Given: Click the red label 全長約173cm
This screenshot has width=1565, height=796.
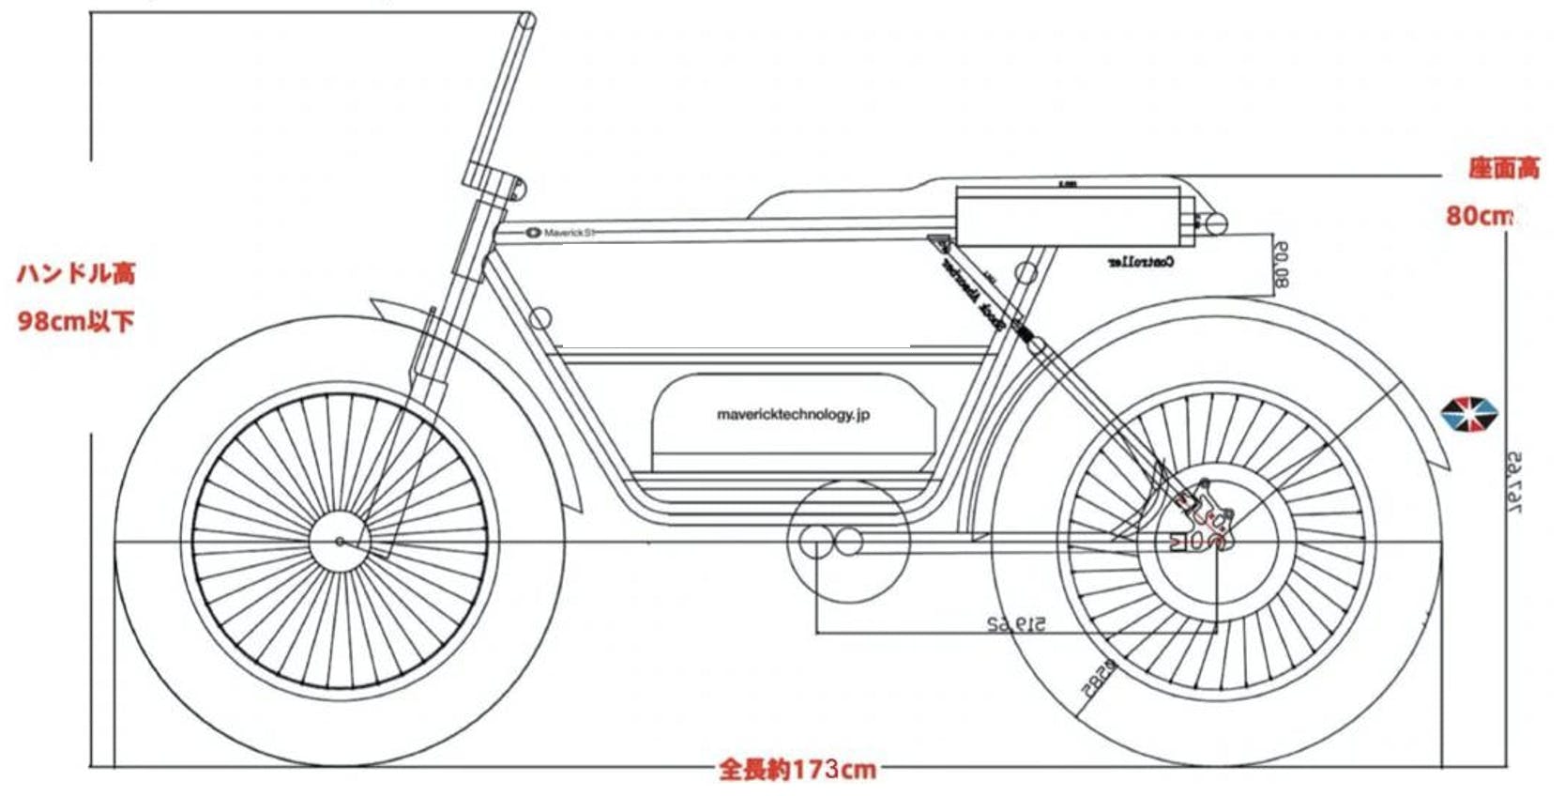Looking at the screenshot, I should click(798, 771).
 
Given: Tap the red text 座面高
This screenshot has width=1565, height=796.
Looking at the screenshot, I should click(1503, 169).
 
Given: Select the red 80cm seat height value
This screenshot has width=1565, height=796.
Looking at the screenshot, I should click(1479, 216).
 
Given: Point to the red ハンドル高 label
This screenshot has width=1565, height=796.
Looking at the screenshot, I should click(76, 274).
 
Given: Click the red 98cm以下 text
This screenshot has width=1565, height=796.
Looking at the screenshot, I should click(76, 321).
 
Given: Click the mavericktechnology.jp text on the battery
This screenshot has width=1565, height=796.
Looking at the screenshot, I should click(793, 414).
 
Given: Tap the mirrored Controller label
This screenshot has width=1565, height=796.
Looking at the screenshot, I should click(1140, 263).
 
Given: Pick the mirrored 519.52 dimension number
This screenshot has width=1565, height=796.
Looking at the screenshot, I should click(1016, 623).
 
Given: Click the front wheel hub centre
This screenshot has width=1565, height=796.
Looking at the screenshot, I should click(340, 542).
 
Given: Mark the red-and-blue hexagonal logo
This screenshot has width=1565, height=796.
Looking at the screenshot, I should click(1469, 414).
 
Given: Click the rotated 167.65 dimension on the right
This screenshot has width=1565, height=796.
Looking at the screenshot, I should click(1513, 482).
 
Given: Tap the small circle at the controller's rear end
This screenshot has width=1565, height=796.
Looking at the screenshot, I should click(1215, 223).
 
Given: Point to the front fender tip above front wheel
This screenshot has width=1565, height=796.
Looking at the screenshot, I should click(375, 305).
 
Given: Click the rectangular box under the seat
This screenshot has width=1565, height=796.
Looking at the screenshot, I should click(1067, 216).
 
